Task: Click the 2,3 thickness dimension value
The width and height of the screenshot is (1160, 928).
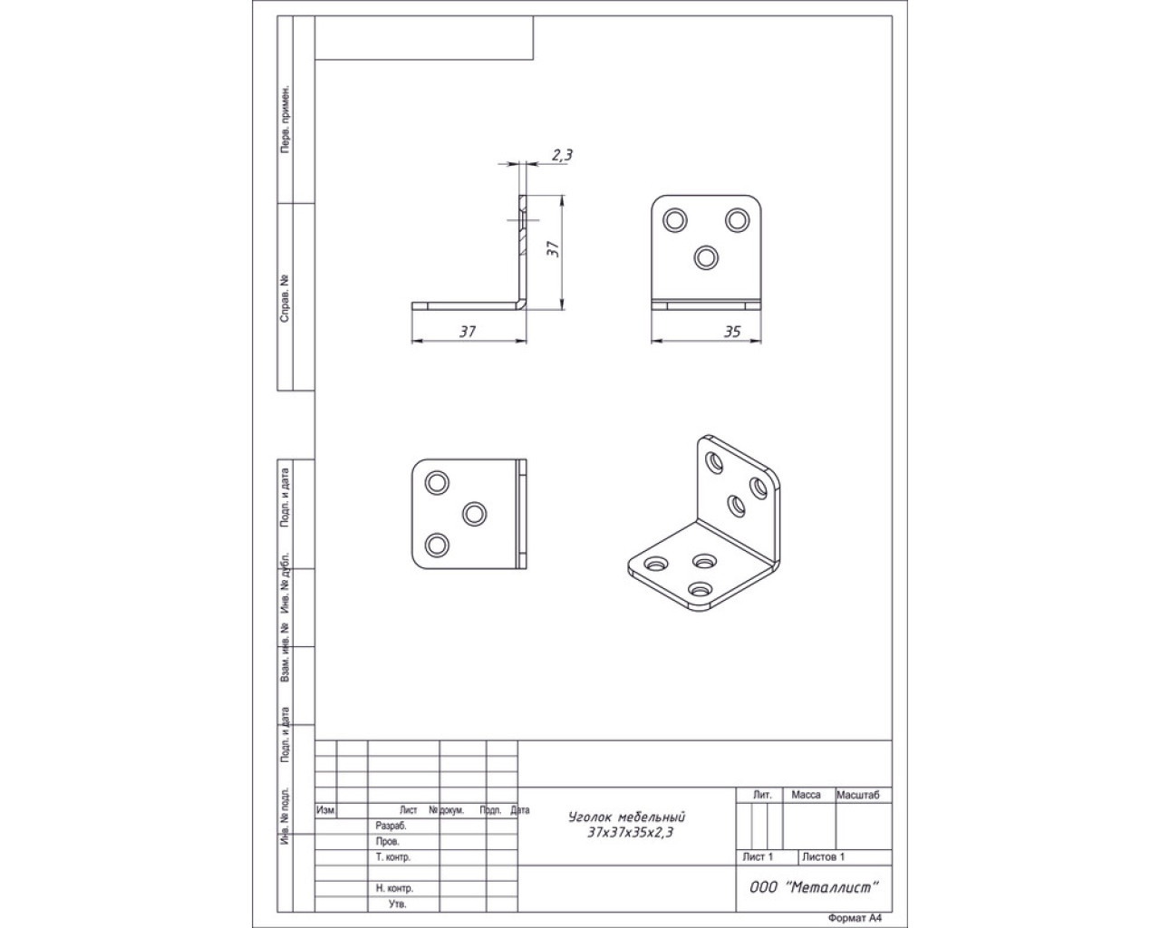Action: pyautogui.click(x=562, y=155)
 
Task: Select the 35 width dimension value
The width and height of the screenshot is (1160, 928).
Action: pyautogui.click(x=732, y=333)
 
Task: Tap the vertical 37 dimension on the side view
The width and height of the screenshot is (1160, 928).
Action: pyautogui.click(x=554, y=248)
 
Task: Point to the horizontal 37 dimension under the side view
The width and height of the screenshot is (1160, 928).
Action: pyautogui.click(x=468, y=332)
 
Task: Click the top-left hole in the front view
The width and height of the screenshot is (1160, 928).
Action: pyautogui.click(x=675, y=220)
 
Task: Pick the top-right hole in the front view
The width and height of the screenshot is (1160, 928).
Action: pyautogui.click(x=737, y=220)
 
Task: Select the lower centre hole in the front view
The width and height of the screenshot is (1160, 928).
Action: pyautogui.click(x=706, y=257)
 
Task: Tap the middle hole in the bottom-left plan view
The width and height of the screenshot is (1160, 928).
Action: pyautogui.click(x=474, y=514)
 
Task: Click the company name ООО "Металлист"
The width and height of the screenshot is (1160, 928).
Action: pyautogui.click(x=814, y=887)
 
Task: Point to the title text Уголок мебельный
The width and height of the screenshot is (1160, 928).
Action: pyautogui.click(x=626, y=817)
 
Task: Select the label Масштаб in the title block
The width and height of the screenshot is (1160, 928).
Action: pyautogui.click(x=858, y=795)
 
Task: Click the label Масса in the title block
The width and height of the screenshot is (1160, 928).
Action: pyautogui.click(x=807, y=795)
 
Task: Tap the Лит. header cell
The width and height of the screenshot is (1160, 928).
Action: pyautogui.click(x=762, y=795)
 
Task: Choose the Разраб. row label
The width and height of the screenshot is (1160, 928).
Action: pyautogui.click(x=391, y=826)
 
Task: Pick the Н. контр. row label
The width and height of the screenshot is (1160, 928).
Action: pyautogui.click(x=394, y=887)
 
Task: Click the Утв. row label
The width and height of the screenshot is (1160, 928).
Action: pyautogui.click(x=397, y=904)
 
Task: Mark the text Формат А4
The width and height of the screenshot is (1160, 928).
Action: pyautogui.click(x=855, y=918)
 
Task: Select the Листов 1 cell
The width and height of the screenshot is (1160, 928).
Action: pyautogui.click(x=824, y=856)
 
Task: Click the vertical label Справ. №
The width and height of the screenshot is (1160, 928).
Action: pyautogui.click(x=285, y=298)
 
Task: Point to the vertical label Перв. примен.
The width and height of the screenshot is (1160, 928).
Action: pyautogui.click(x=285, y=119)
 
